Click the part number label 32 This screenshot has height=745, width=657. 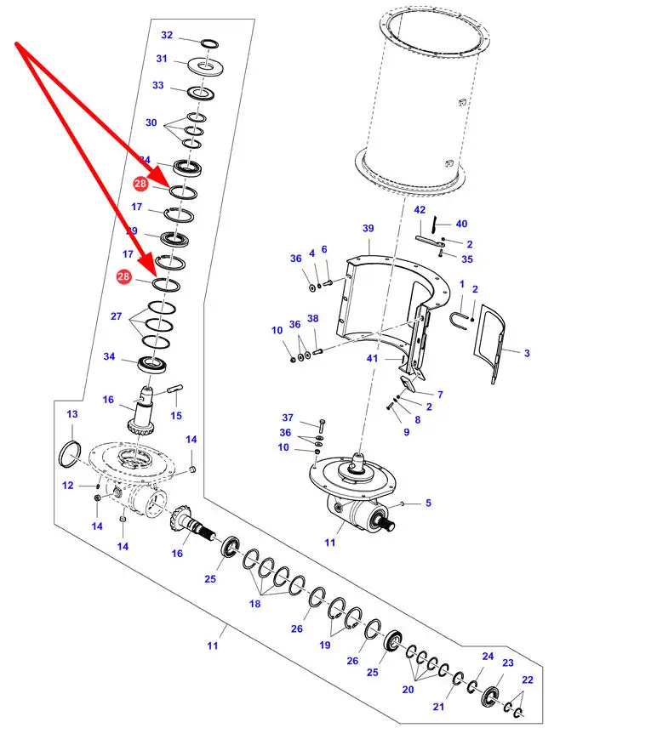(x=167, y=36)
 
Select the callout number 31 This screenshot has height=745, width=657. (x=162, y=59)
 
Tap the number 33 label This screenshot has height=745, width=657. (x=158, y=85)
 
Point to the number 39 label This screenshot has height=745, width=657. (x=368, y=229)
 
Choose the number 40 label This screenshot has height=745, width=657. (x=461, y=225)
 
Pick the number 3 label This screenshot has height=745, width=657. (x=527, y=352)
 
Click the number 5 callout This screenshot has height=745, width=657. (x=428, y=503)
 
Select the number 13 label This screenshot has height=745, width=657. (x=72, y=414)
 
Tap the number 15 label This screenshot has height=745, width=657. (x=176, y=416)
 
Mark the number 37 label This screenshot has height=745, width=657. (x=288, y=418)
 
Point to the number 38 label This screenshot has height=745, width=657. (x=313, y=318)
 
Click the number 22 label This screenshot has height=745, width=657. (x=527, y=680)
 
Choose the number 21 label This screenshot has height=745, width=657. (x=438, y=707)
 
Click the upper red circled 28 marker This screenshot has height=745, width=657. (x=140, y=183)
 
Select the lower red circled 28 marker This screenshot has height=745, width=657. (x=124, y=277)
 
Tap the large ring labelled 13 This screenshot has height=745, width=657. (x=70, y=452)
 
